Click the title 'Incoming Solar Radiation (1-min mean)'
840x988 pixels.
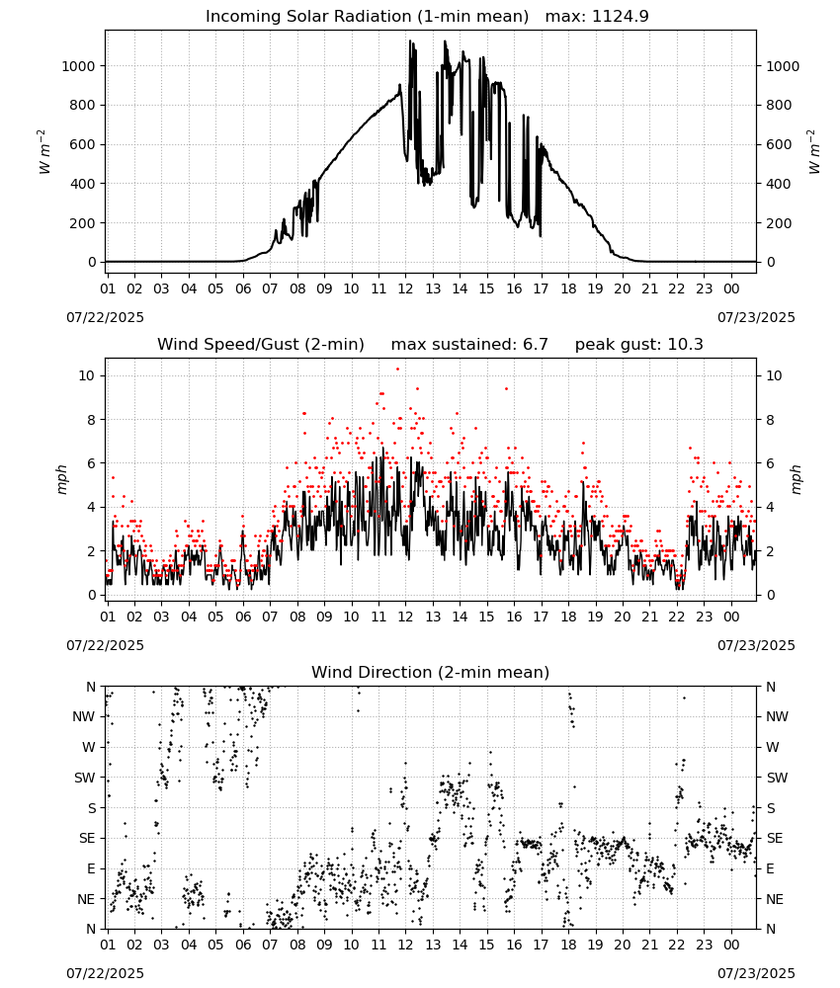367,17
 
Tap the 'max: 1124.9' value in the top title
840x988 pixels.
597,17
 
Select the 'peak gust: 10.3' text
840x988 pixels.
639,345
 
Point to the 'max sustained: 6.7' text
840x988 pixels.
469,345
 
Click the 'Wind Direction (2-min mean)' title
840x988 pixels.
431,672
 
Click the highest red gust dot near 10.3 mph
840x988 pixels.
397,369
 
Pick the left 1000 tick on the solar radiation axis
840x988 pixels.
78,66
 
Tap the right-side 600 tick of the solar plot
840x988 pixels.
779,144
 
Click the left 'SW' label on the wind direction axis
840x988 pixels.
85,778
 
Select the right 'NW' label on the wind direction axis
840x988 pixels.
777,716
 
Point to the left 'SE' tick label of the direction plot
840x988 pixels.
87,838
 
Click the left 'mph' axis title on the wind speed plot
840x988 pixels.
61,479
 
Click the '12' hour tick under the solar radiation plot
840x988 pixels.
405,288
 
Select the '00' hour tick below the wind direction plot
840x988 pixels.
731,944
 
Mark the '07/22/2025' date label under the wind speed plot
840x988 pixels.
105,645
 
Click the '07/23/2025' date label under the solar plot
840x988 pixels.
756,317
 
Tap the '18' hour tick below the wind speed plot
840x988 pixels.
568,617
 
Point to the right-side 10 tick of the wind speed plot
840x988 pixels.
774,375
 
